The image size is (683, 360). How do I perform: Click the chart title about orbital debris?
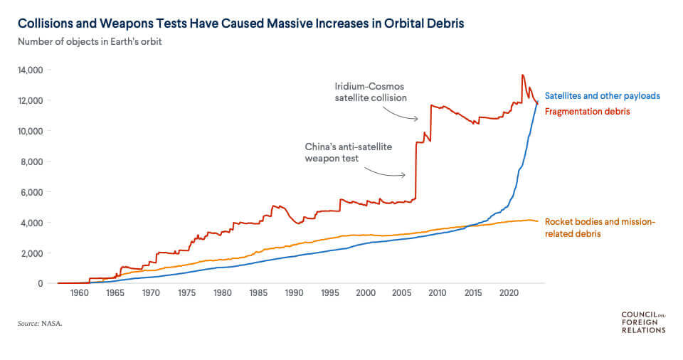[241, 23]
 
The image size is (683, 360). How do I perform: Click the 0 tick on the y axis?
[41, 284]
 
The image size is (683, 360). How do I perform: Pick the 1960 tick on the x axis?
[79, 293]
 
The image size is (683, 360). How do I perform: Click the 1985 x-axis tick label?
[258, 293]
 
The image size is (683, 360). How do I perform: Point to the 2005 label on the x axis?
[401, 293]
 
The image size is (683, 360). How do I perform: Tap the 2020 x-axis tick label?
[509, 293]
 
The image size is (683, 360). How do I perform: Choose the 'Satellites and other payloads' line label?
[603, 95]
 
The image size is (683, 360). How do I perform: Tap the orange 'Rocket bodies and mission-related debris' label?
[599, 228]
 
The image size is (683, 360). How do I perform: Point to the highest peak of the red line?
[523, 75]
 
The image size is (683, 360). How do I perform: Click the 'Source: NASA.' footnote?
[41, 324]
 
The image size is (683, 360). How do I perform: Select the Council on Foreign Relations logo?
[643, 322]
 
